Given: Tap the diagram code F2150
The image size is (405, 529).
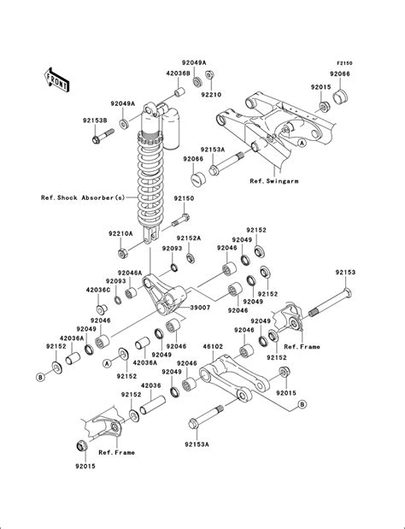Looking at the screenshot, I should coord(344,63).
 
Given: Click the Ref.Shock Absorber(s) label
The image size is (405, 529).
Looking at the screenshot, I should coord(82,197).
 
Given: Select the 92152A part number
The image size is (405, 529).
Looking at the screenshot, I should coord(189,238).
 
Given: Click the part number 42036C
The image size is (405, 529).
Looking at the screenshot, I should coord(96,290).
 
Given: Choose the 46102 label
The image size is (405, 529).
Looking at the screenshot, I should coord(212,349).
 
